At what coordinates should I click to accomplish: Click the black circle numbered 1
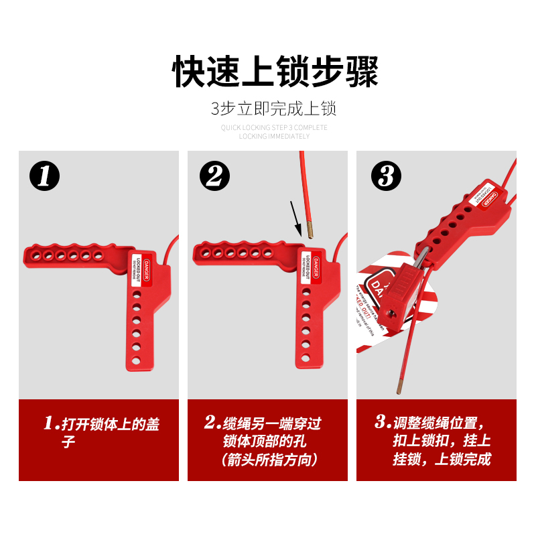[45, 177]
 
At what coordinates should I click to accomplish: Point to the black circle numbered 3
[386, 177]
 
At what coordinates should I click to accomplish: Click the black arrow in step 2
[295, 218]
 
